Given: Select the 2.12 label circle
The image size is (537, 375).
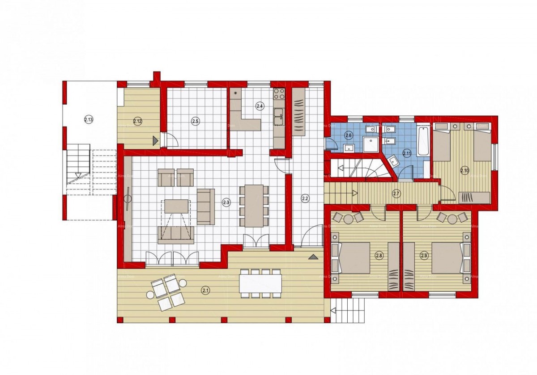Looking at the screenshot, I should pyautogui.click(x=137, y=121).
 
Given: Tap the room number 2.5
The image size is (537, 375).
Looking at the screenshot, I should pyautogui.click(x=195, y=121).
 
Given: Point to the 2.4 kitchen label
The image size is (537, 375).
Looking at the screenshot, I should pyautogui.click(x=260, y=106).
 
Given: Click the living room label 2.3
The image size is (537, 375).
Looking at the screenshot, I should pyautogui.click(x=226, y=202).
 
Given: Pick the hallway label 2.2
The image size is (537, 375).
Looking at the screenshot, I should pyautogui.click(x=305, y=198).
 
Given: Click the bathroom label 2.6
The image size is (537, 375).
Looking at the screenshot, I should pyautogui.click(x=349, y=135).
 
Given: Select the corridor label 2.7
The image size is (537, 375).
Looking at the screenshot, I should pyautogui.click(x=396, y=194).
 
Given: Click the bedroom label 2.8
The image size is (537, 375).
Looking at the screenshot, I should pyautogui.click(x=379, y=256).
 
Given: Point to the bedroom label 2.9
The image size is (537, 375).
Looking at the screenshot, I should pyautogui.click(x=424, y=256).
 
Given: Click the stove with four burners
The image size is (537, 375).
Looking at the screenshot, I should pyautogui.click(x=279, y=94).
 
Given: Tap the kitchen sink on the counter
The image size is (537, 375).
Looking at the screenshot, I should pyautogui.click(x=279, y=114).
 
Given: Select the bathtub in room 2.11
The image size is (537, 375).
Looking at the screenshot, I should pyautogui.click(x=423, y=141).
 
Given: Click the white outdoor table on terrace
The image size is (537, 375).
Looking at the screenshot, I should pyautogui.click(x=260, y=283).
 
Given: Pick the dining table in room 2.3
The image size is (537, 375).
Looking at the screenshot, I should pyautogui.click(x=254, y=206).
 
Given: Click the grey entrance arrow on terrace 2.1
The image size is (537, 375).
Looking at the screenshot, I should pyautogui.click(x=313, y=257).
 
